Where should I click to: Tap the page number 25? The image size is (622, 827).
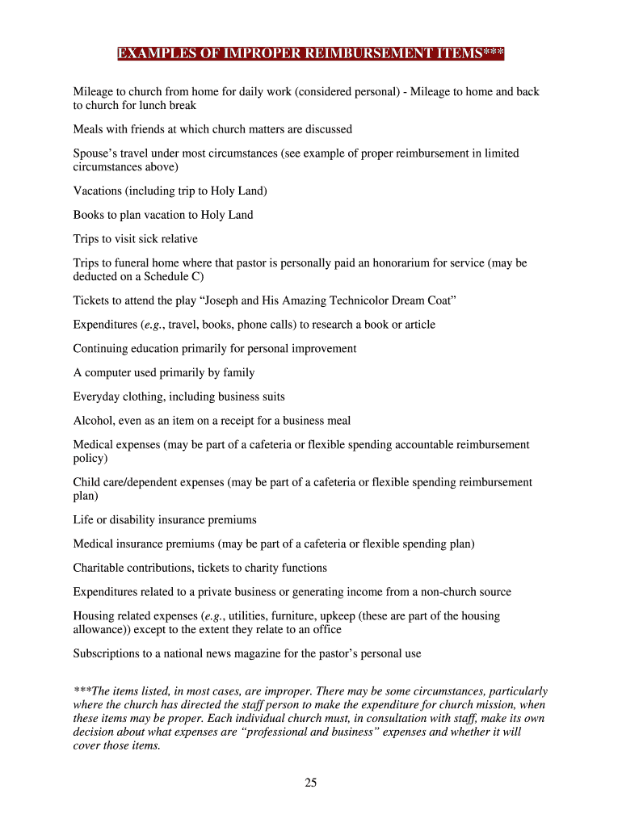click(x=311, y=782)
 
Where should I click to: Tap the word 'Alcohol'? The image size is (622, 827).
click(x=93, y=421)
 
